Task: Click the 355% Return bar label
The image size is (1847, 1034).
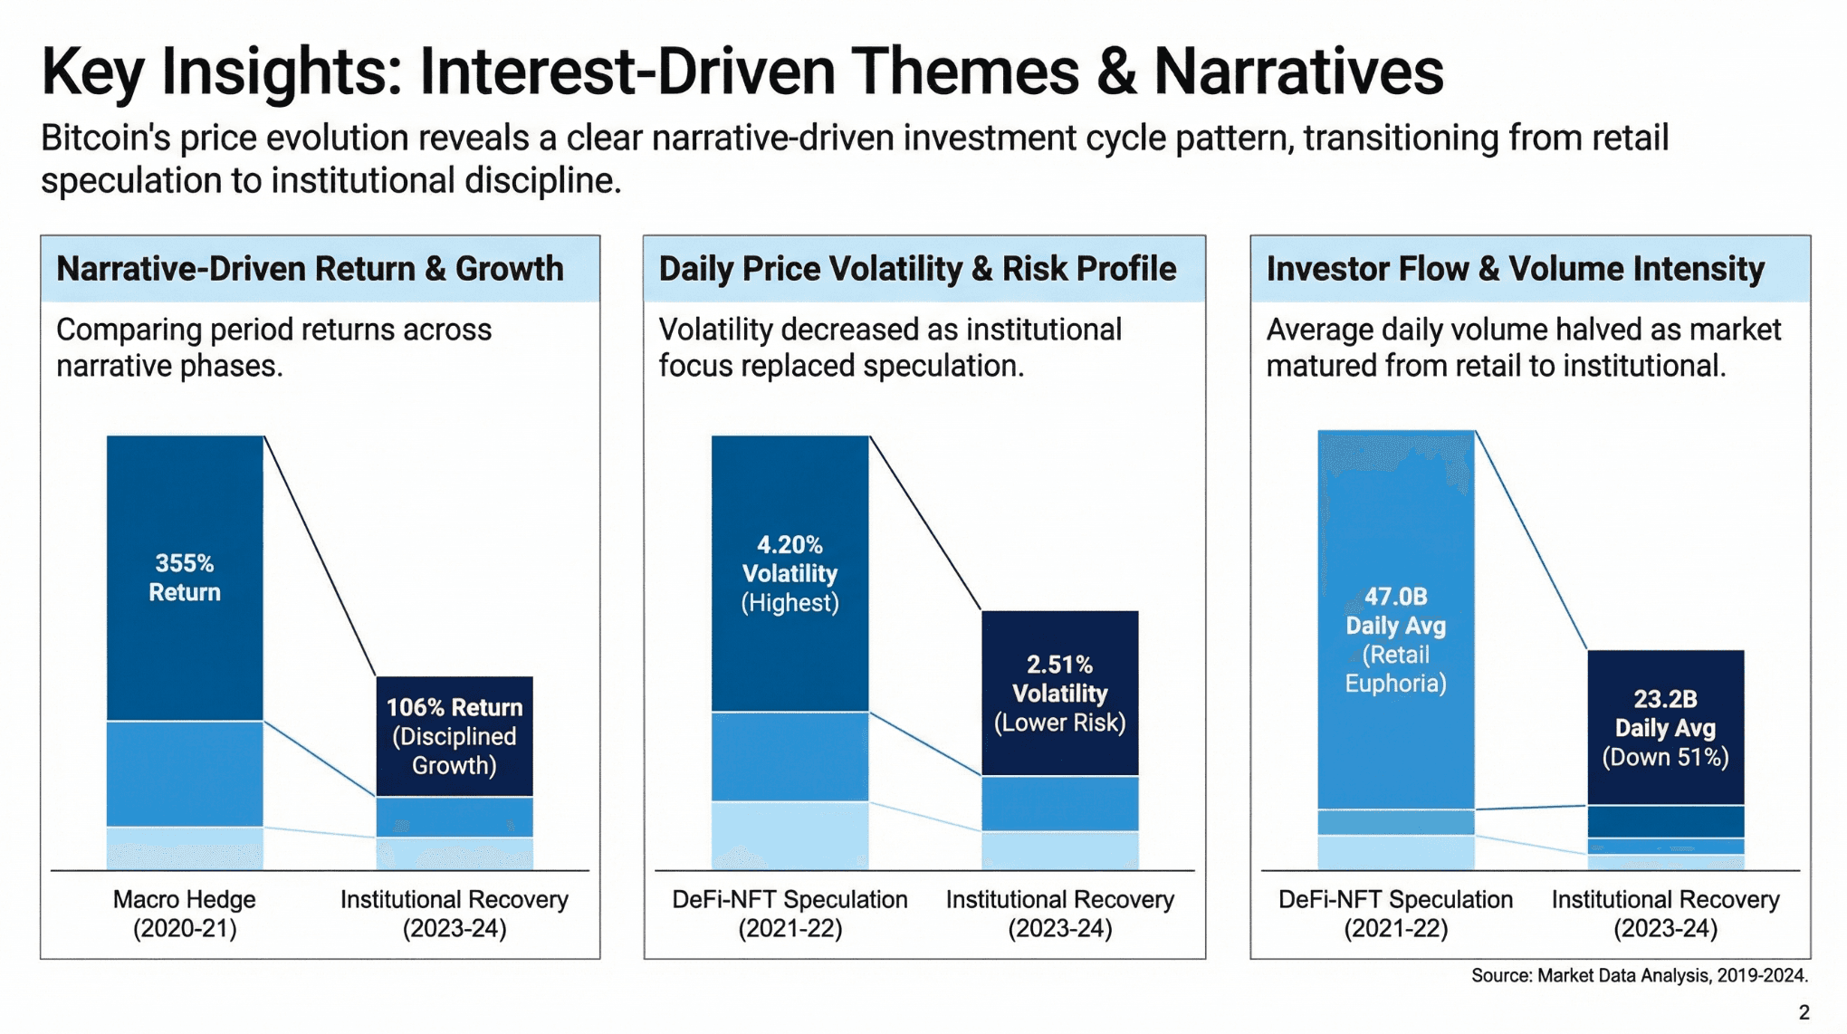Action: (185, 578)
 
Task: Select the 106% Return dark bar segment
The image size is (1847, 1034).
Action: (455, 735)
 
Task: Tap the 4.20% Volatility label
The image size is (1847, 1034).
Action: (790, 559)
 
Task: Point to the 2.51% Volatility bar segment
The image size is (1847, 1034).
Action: (1059, 693)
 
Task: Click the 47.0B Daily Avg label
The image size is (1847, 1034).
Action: (1395, 610)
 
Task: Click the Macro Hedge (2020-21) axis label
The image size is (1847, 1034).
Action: (185, 914)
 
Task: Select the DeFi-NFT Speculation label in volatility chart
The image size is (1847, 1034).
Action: (790, 914)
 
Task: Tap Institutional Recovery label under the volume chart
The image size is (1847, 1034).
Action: (1665, 914)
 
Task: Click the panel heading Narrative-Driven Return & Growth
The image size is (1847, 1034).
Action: (310, 269)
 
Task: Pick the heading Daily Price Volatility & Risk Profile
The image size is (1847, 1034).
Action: (917, 269)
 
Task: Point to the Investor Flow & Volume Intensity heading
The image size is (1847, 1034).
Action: (1515, 269)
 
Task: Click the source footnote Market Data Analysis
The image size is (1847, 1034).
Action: (1639, 975)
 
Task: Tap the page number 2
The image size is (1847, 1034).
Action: (1804, 1012)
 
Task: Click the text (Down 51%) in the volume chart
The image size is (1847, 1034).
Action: (1665, 757)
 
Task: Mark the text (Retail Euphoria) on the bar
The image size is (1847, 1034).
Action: (1395, 668)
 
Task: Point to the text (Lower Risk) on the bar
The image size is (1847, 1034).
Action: (1059, 723)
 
